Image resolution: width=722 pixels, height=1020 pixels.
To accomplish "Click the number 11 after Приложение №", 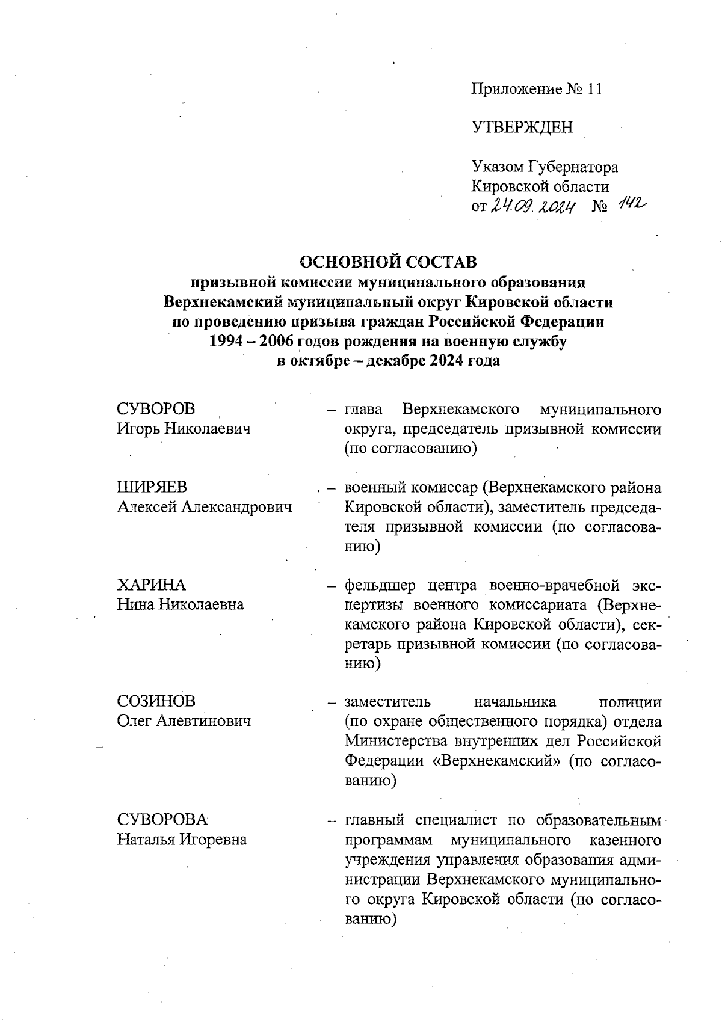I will pyautogui.click(x=594, y=90).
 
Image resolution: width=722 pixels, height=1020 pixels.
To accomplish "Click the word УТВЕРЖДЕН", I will pyautogui.click(x=522, y=127).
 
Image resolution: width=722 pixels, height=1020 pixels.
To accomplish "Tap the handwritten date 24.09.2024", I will pyautogui.click(x=533, y=207).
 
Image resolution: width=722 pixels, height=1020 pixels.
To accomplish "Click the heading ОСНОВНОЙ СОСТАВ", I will pyautogui.click(x=388, y=262).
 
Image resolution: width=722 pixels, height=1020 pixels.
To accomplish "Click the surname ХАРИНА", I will pyautogui.click(x=151, y=585).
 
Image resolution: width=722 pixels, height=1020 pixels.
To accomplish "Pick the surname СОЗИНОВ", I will pyautogui.click(x=156, y=702).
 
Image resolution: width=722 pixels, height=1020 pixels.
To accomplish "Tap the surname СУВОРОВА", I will pyautogui.click(x=162, y=820).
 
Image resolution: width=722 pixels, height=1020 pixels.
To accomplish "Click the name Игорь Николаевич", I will pyautogui.click(x=184, y=429).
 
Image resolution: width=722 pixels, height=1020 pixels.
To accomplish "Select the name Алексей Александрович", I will pyautogui.click(x=205, y=507).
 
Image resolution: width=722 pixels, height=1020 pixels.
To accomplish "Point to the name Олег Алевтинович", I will pyautogui.click(x=184, y=721).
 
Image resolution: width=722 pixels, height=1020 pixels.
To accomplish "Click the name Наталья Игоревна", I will pyautogui.click(x=182, y=840).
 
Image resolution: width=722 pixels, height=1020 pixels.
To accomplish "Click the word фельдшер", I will pyautogui.click(x=381, y=585).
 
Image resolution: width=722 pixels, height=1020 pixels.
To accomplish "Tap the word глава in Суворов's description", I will pyautogui.click(x=363, y=410).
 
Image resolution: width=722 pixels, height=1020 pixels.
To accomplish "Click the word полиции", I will pyautogui.click(x=631, y=702).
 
